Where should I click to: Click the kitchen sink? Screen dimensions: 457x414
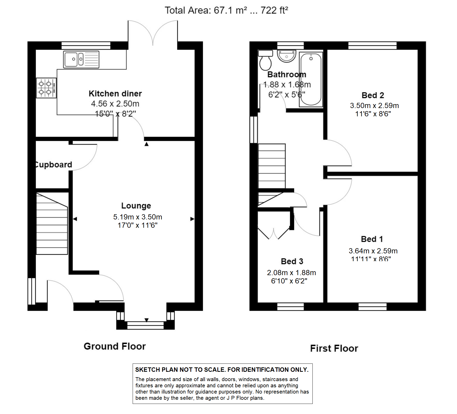point(81,59)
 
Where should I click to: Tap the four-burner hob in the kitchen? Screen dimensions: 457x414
point(46,88)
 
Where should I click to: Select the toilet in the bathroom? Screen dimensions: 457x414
point(265,60)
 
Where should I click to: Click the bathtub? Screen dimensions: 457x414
point(311,79)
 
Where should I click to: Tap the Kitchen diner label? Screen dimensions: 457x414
point(115,94)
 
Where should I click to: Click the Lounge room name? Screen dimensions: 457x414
point(136,206)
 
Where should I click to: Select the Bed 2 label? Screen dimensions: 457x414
point(373,95)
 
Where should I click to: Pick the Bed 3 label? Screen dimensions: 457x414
point(292,261)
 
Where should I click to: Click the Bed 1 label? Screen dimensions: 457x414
point(372,239)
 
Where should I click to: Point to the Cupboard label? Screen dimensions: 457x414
point(54,165)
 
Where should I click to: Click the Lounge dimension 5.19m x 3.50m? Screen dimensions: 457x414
point(138,217)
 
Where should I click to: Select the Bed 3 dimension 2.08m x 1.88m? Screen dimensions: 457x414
point(291,273)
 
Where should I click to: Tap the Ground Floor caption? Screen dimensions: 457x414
point(115,346)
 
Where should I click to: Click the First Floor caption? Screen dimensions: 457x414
point(334,348)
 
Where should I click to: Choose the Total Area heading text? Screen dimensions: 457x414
point(226,10)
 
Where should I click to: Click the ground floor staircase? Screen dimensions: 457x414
point(52,224)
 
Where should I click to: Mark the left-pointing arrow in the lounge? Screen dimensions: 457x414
point(75,219)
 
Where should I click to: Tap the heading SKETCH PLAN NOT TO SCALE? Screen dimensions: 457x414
point(222,370)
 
